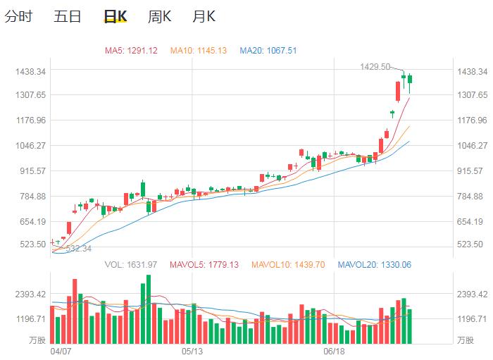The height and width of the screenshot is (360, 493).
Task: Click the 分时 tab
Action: [x=18, y=16]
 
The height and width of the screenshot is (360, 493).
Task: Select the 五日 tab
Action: [x=68, y=16]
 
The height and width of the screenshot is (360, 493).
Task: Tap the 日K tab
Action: [x=115, y=16]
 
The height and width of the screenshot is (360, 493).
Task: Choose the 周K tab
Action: [x=160, y=16]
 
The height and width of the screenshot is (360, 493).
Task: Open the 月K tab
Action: [x=204, y=16]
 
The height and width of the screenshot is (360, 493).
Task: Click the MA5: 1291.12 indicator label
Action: [x=131, y=51]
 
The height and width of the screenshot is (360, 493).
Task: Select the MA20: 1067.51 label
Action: [x=268, y=51]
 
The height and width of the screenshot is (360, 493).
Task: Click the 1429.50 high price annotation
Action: [x=375, y=66]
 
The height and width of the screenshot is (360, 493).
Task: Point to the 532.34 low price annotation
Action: [x=78, y=249]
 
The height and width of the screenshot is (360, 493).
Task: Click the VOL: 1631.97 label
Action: [x=130, y=265]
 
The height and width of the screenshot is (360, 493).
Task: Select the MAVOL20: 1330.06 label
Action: [x=375, y=265]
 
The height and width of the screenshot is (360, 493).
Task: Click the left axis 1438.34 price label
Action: [x=30, y=72]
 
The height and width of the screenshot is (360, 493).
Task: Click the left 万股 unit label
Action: [x=36, y=340]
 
